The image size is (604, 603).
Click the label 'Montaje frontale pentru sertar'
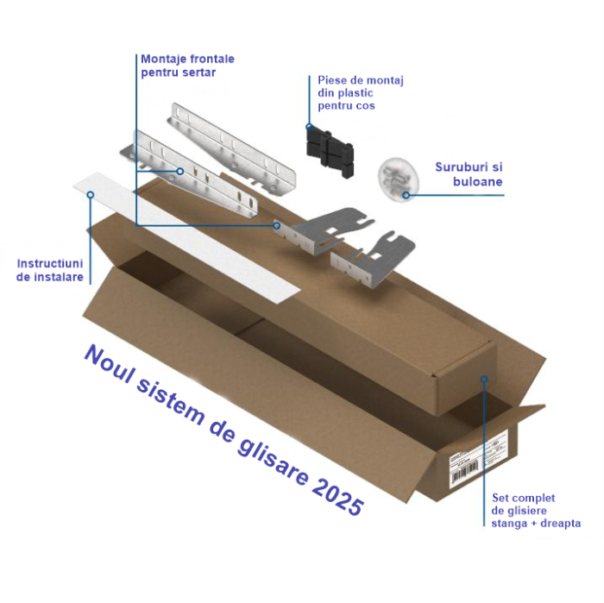tap(186, 66)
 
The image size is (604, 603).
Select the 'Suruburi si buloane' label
tap(466, 174)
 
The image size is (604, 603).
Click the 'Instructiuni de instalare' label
tap(50, 270)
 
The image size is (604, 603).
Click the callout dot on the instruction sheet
tap(91, 195)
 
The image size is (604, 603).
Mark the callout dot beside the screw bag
tap(407, 195)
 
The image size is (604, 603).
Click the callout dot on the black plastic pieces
tap(308, 127)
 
